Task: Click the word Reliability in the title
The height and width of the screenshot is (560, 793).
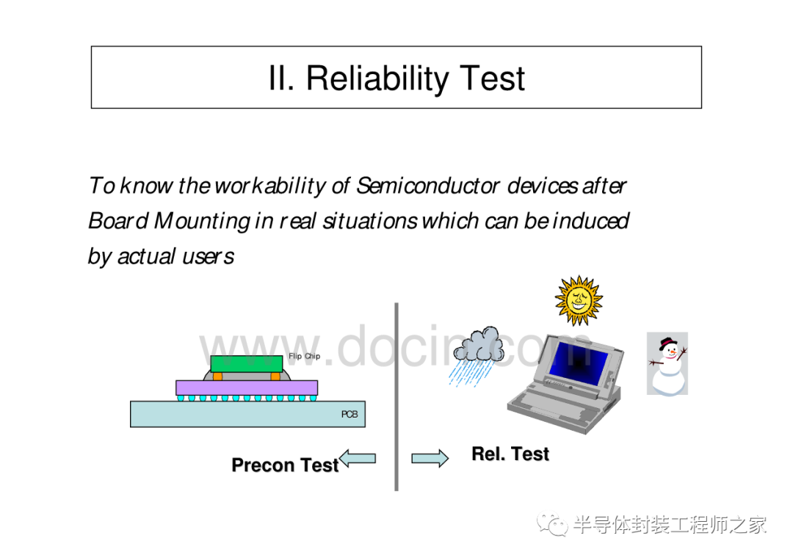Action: pos(377,79)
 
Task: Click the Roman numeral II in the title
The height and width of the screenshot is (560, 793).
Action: pos(280,79)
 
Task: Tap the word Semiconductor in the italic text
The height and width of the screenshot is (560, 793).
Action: pos(428,186)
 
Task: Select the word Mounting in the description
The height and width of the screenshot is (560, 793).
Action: pos(202,222)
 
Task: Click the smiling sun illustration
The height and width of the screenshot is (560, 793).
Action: pos(579,300)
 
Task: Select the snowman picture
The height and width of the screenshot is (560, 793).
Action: pos(667,364)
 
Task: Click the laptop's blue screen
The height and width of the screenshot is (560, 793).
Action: pos(579,361)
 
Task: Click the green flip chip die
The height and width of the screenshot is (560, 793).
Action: pos(246,364)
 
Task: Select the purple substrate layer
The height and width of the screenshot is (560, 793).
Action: pos(247,388)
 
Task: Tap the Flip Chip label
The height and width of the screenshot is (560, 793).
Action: pos(304,356)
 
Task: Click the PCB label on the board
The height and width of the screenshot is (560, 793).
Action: pos(350,415)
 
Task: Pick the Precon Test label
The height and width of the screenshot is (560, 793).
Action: pos(285,465)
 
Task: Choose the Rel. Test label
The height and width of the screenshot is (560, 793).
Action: pos(510,454)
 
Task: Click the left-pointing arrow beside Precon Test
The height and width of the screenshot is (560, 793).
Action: pos(358,459)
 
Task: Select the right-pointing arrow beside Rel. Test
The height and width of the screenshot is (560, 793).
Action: pos(430,459)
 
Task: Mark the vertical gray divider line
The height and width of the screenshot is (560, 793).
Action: pos(396,397)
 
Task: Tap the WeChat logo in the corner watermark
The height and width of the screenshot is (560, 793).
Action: pos(552,525)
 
